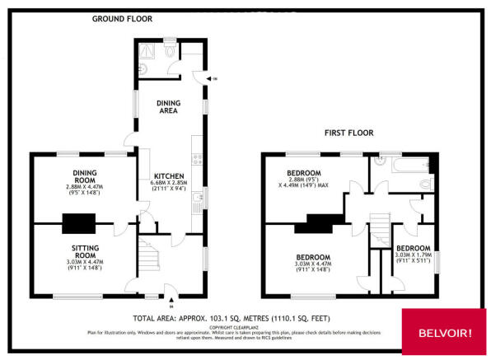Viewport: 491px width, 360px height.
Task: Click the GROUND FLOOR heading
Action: pyautogui.click(x=122, y=18)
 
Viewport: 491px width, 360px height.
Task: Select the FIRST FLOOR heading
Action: pyautogui.click(x=349, y=132)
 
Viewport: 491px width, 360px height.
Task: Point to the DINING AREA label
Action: pyautogui.click(x=169, y=105)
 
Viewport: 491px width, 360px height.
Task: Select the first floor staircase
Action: pyautogui.click(x=380, y=227)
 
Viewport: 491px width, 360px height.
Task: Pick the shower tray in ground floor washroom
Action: pyautogui.click(x=146, y=48)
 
